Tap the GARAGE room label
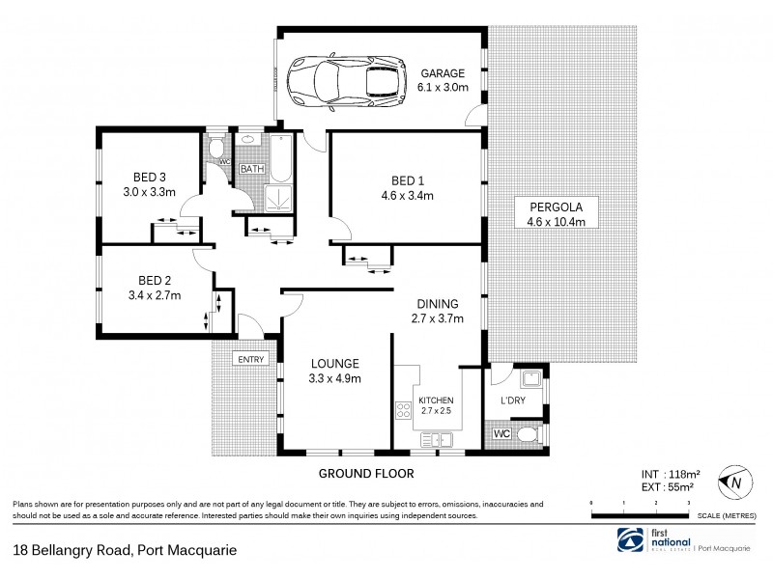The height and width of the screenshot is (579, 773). click(443, 72)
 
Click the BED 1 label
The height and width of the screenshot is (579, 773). click(407, 180)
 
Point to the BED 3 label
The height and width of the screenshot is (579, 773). click(150, 177)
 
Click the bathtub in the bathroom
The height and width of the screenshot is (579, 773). click(280, 160)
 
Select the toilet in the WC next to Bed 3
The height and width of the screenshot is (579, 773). click(218, 150)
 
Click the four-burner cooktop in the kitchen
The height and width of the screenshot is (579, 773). click(403, 413)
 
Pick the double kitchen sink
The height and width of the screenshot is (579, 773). click(438, 440)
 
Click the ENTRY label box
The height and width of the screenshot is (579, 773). click(250, 360)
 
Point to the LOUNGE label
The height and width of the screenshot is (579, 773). click(334, 364)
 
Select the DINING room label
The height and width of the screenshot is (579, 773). click(438, 303)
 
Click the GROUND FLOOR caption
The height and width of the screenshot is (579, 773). click(366, 474)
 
